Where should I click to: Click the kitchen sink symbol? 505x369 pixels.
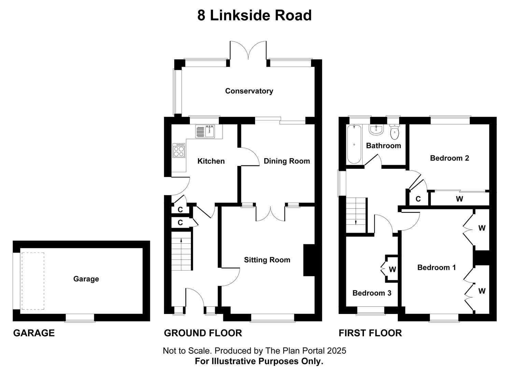tap(205, 132)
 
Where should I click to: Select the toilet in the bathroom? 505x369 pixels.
tap(395, 132)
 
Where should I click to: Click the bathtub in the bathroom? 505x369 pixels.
tap(354, 145)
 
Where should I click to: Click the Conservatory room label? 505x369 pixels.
tap(249, 91)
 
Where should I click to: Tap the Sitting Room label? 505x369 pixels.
tap(267, 260)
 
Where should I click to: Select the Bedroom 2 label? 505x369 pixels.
tap(449, 158)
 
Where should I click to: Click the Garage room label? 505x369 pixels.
tap(86, 279)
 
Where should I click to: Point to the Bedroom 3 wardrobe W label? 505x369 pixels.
tap(392, 270)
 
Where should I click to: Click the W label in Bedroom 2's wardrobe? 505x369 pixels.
tap(459, 199)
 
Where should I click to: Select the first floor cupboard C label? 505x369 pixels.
tap(418, 199)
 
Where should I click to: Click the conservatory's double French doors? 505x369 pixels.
tap(248, 51)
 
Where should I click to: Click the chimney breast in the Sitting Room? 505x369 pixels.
tap(309, 260)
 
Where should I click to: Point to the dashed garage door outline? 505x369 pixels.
tap(33, 281)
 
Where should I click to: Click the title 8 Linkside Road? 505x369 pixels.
tap(254, 16)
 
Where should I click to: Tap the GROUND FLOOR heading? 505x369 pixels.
tap(203, 333)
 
